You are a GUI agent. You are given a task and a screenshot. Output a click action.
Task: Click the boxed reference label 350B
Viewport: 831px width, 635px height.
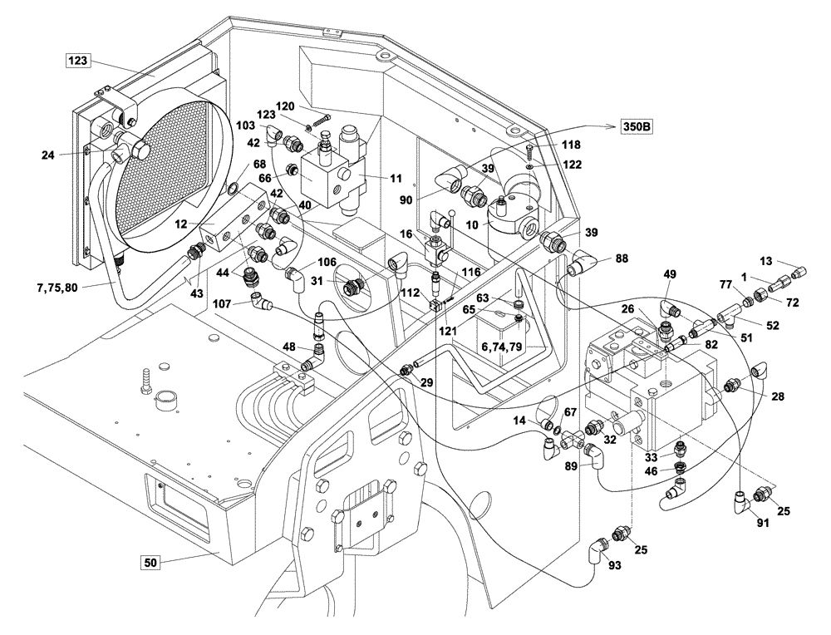pyautogui.click(x=635, y=128)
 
